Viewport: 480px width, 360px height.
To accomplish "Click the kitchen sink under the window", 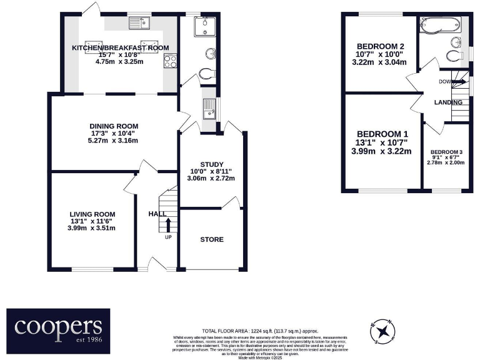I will click(139, 24).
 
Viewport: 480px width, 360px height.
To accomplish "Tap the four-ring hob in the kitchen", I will click(169, 61).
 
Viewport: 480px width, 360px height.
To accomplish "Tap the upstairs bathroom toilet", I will click(454, 57).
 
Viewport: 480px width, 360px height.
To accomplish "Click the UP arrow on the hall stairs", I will click(168, 224).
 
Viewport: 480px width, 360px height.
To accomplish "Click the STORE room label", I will click(211, 239).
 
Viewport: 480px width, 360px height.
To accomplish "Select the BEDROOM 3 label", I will click(446, 152).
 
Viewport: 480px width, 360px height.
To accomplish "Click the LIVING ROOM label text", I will click(92, 214).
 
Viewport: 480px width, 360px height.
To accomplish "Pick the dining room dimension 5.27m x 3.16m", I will click(113, 141).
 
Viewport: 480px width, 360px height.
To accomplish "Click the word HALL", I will click(157, 214).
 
